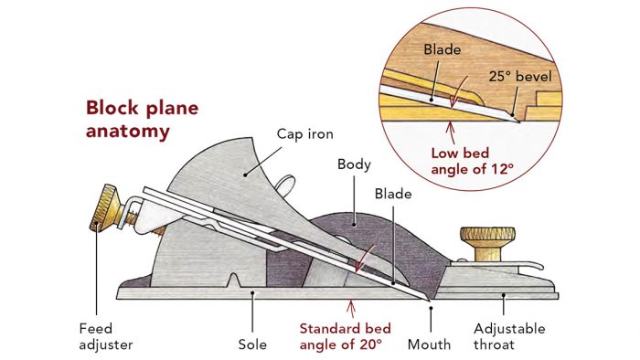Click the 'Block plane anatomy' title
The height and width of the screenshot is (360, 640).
pos(142,119)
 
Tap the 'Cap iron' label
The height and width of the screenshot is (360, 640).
pos(303,133)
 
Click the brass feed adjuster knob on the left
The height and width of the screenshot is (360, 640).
pos(99,220)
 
